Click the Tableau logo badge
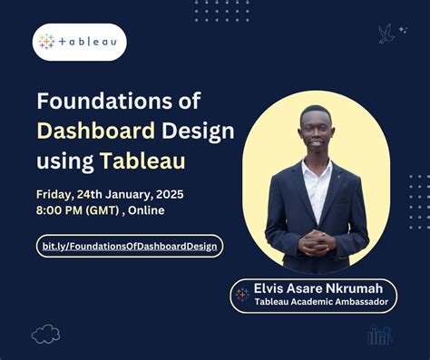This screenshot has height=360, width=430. (80, 42)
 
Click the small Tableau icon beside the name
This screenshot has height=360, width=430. (242, 295)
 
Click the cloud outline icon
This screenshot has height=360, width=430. (45, 335)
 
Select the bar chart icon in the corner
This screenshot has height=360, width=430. (379, 335)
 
